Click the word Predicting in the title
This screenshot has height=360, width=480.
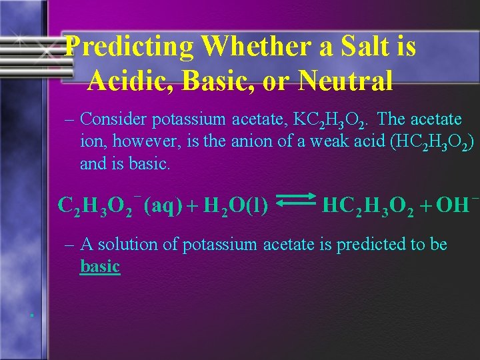(x=131, y=47)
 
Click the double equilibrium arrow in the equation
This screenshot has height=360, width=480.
(x=295, y=205)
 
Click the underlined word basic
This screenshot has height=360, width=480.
(x=100, y=267)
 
